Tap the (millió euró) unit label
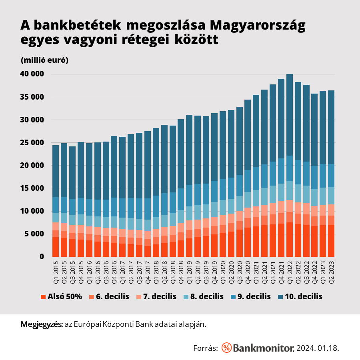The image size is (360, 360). click(x=44, y=60)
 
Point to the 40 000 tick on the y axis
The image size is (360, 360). click(x=32, y=74)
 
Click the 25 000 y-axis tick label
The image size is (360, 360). click(x=32, y=143)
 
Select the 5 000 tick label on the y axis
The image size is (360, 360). click(x=34, y=234)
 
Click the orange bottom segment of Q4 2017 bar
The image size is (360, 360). click(x=148, y=251)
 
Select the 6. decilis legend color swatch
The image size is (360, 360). click(x=92, y=297)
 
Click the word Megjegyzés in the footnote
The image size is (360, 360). click(x=41, y=324)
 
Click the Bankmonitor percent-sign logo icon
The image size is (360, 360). click(x=226, y=347)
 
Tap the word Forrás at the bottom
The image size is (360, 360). click(x=205, y=348)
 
